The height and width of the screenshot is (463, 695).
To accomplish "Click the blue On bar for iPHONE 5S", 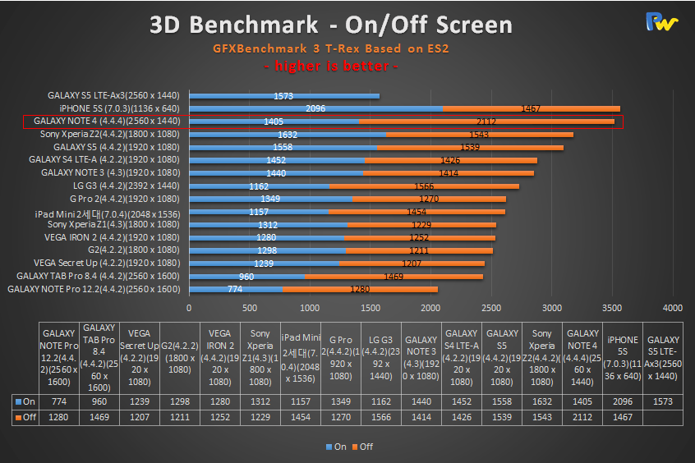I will click(x=316, y=108).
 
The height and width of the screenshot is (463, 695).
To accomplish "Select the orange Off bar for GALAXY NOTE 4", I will click(x=486, y=121).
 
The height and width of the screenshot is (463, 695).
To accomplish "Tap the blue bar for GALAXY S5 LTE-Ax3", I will click(x=284, y=96).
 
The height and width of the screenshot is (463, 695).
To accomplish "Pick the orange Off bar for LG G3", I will click(x=424, y=186).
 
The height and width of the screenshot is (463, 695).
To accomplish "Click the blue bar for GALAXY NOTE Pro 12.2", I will click(x=236, y=289).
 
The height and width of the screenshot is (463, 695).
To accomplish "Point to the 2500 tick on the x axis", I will click(x=491, y=308).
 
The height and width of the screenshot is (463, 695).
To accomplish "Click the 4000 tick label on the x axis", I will click(x=672, y=308).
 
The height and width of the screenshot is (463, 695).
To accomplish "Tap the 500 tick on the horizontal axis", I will click(x=250, y=308).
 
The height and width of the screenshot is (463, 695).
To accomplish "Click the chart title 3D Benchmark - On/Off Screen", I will click(x=330, y=24).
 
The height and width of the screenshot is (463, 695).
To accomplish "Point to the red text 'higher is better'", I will click(x=331, y=66).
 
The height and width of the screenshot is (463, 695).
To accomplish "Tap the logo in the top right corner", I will click(x=661, y=22).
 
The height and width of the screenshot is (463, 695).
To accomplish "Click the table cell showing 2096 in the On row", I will click(x=623, y=401).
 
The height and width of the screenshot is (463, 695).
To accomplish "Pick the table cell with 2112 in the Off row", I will click(x=582, y=419).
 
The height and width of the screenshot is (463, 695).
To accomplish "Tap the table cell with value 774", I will click(x=60, y=401).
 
